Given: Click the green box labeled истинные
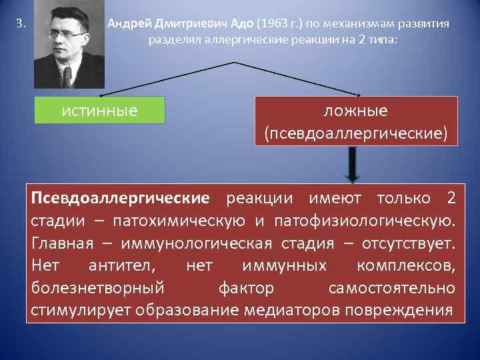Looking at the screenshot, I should pos(99,109).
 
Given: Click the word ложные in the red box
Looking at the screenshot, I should pos(356,111).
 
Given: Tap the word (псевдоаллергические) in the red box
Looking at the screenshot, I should pos(356,133).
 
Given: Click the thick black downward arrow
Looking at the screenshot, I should pos(353,163).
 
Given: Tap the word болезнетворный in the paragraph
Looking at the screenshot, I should pos(97,289).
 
